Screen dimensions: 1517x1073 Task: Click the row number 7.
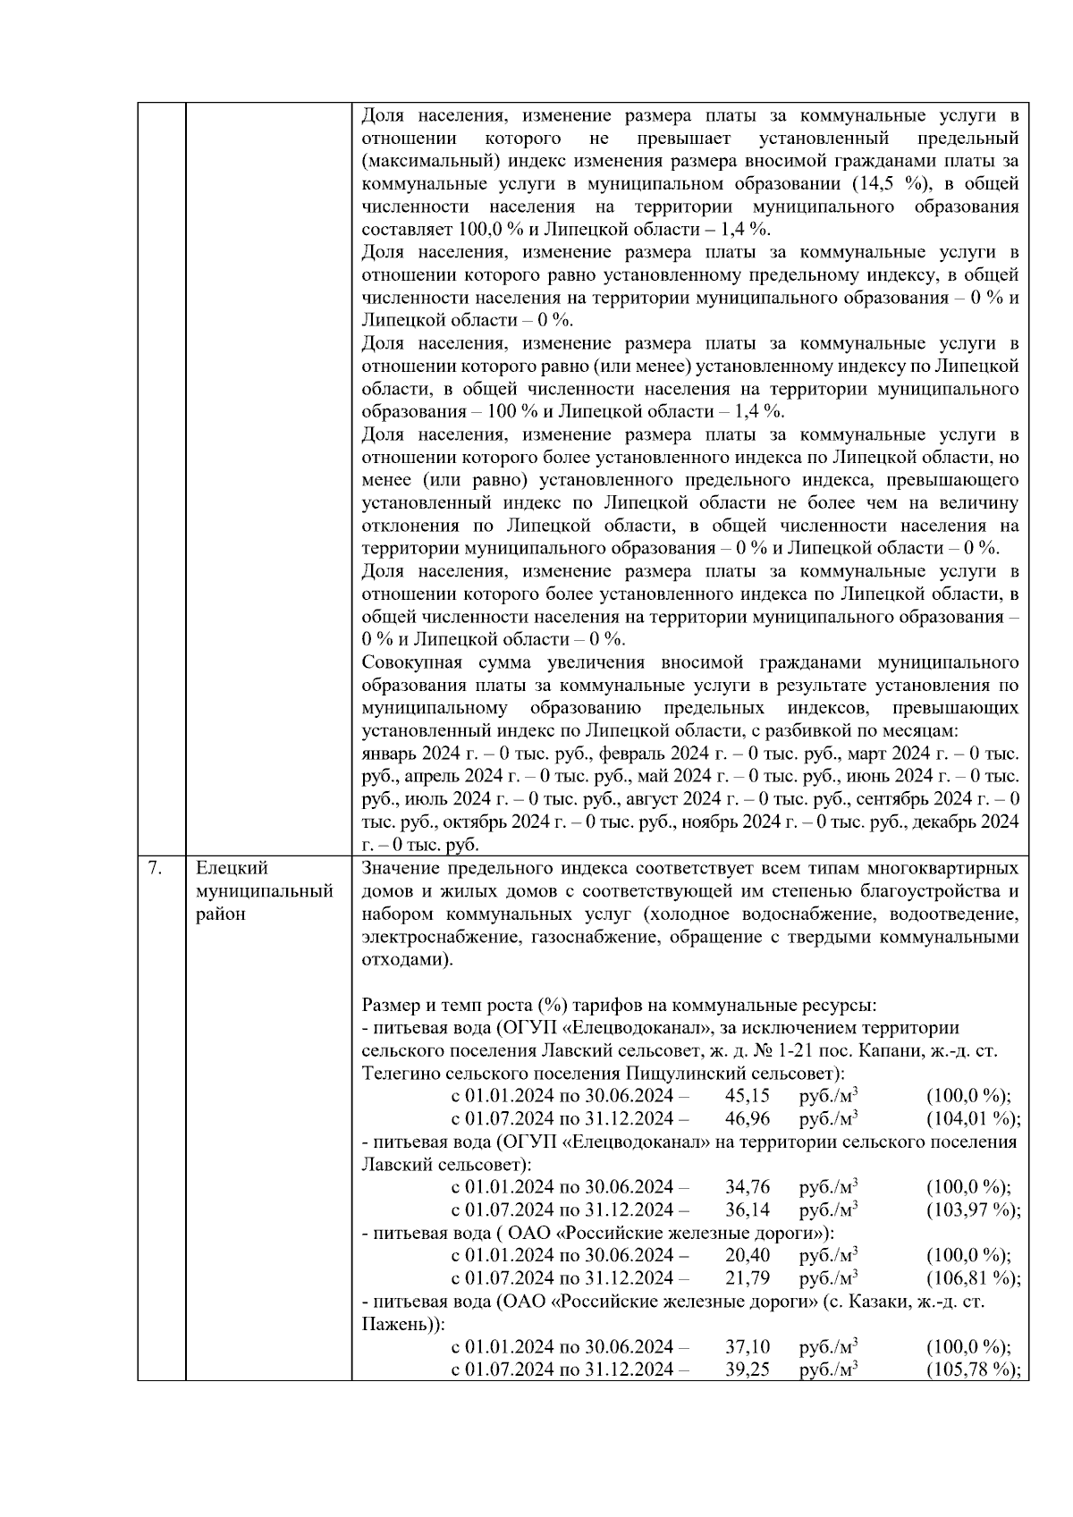154,868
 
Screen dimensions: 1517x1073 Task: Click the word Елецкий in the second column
232,868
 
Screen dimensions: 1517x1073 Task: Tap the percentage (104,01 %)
973,1118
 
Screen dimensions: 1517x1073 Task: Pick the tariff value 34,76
748,1187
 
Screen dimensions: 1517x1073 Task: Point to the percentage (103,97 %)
973,1209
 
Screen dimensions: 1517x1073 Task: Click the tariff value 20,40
748,1255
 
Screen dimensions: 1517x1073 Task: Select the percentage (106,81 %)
973,1278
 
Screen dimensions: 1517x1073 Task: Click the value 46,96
748,1118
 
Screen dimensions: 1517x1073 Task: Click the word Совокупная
411,662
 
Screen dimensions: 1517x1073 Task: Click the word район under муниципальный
220,914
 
